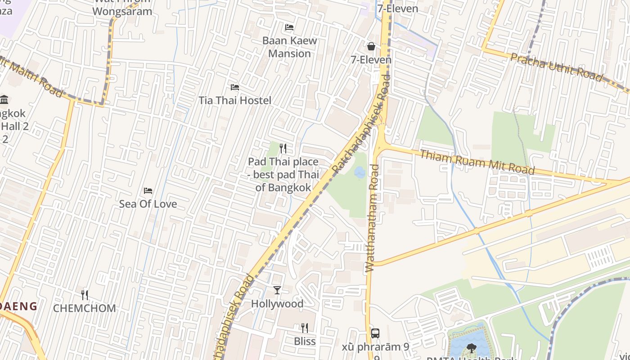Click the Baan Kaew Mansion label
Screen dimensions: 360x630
(x=289, y=47)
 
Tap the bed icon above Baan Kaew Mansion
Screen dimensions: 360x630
(x=289, y=27)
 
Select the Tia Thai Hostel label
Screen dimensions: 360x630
(x=235, y=100)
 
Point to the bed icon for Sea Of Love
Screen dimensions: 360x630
(x=148, y=191)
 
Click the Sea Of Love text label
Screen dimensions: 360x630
(x=148, y=204)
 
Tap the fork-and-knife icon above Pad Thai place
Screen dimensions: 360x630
(x=283, y=148)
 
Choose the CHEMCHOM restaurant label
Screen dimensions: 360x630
(x=85, y=308)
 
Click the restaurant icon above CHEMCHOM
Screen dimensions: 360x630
(x=85, y=295)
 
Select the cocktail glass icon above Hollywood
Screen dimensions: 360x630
(x=277, y=290)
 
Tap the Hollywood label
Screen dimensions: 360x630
(x=277, y=304)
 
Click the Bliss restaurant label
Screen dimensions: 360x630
(x=305, y=341)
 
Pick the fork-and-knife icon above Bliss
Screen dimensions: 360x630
(x=305, y=328)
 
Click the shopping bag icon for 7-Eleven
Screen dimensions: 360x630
(x=371, y=46)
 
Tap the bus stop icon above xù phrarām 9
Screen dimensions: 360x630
(x=375, y=333)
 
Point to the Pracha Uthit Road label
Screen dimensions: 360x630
(x=556, y=67)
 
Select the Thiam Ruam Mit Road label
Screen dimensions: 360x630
(x=477, y=162)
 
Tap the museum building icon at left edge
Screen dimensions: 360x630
(x=4, y=99)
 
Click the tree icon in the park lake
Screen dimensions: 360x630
(x=471, y=347)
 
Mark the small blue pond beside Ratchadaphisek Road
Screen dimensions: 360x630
(x=360, y=172)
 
